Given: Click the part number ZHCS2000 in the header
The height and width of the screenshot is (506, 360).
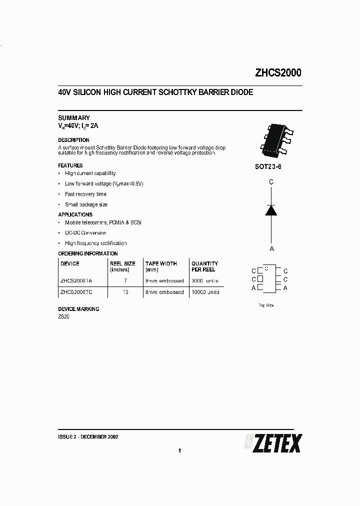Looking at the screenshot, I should point(278,73).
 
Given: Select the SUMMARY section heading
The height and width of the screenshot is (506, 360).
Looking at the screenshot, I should point(74,118).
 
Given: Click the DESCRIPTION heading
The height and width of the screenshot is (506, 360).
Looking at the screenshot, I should point(74,140).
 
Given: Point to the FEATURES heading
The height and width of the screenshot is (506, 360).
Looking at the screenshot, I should point(70,165).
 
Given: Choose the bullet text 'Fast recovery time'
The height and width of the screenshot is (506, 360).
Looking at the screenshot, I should point(85,194).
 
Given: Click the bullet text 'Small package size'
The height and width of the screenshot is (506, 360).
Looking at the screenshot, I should point(86,204).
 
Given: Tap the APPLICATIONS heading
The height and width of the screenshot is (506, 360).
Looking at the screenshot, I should point(75,214).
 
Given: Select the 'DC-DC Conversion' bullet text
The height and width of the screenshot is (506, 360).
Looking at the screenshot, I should point(85,232).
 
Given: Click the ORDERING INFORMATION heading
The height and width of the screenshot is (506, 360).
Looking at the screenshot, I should point(88,253).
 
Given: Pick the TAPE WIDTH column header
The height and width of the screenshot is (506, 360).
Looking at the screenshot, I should point(161,263).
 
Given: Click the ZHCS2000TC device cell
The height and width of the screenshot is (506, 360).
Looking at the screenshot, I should point(76,292).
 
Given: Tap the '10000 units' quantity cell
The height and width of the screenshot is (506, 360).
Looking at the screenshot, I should point(205,292).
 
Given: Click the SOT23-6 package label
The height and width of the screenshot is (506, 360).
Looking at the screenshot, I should point(268,167).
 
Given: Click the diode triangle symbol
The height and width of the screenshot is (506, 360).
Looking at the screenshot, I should point(271,210).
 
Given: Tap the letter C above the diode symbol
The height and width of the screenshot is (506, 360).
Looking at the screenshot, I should point(271,182).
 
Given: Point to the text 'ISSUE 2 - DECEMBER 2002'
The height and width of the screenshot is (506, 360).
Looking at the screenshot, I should point(88,436).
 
